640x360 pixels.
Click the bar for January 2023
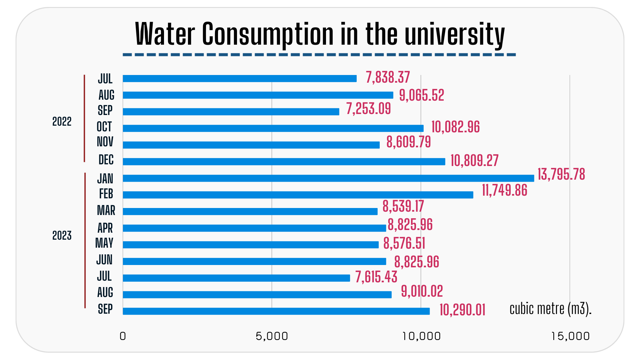pos(328,178)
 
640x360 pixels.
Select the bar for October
pos(273,128)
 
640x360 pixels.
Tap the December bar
pos(284,162)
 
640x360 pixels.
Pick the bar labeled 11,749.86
pos(298,195)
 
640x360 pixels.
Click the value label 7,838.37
pos(388,78)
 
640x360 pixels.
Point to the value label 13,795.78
pos(561,174)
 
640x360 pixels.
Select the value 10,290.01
pos(462,310)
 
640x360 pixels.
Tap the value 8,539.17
pos(403,206)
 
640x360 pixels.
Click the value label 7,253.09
pos(368,109)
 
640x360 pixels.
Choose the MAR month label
pos(106,211)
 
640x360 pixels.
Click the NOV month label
pos(105,142)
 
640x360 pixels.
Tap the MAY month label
pos(104,243)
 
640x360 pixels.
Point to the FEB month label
pos(106,194)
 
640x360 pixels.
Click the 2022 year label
pos(62,122)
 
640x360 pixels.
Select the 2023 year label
pos(62,236)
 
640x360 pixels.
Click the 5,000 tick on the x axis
pos(272,336)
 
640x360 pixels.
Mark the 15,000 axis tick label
pos(570,336)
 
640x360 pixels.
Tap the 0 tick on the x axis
pos(123,336)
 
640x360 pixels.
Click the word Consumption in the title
pos(268,34)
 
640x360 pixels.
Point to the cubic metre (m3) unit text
pos(550,309)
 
